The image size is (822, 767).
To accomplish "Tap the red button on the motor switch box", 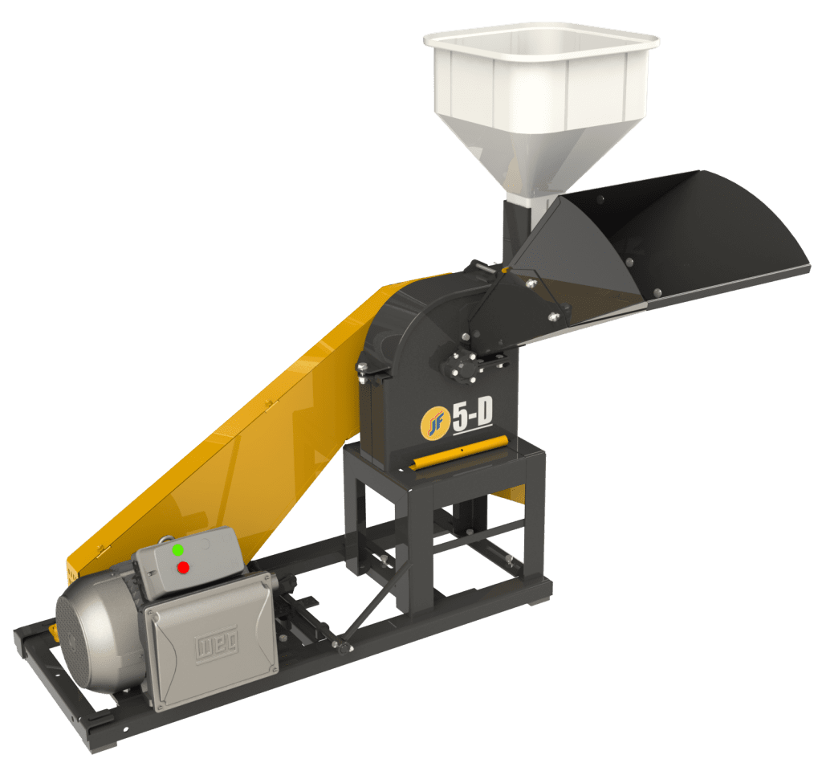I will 183,567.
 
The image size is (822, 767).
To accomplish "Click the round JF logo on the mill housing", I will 433,423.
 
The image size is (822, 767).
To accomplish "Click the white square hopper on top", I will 540,80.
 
